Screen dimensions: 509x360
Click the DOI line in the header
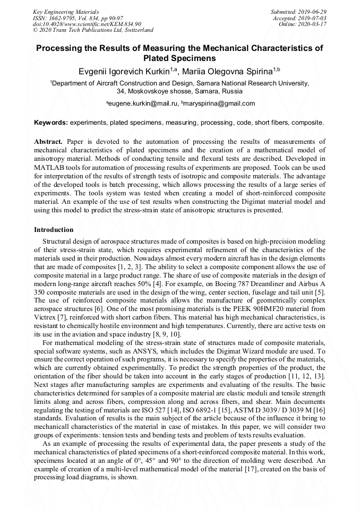[x=87, y=24]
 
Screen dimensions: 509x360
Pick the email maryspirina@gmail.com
[x=219, y=103]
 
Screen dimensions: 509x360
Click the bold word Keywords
[x=50, y=123]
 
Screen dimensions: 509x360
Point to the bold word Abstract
[x=48, y=142]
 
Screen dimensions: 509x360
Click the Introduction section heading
[x=54, y=230]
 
